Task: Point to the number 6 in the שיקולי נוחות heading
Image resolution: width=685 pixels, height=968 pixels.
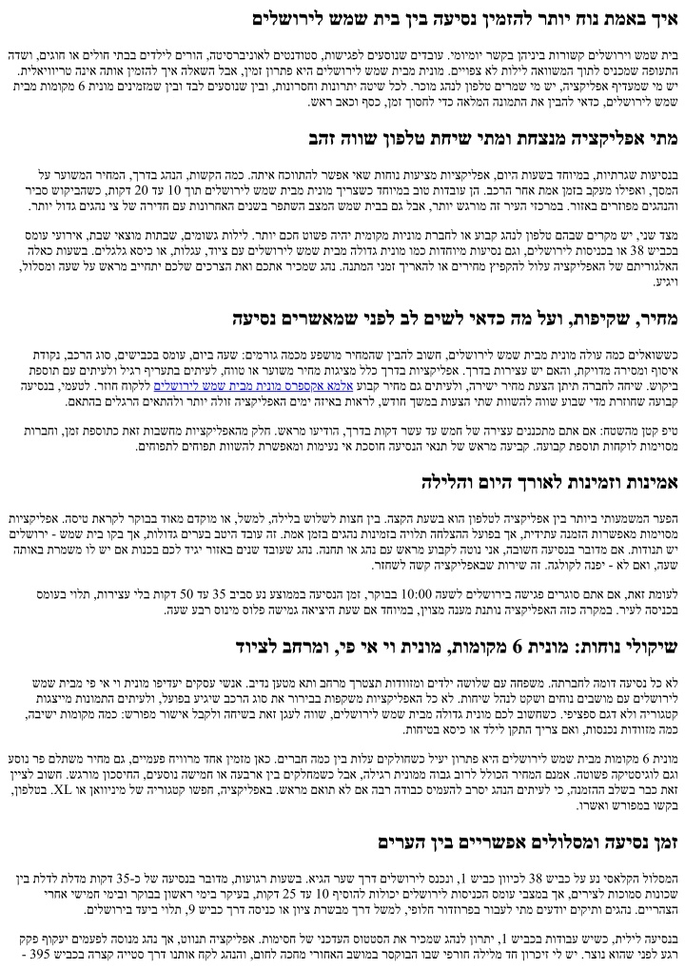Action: coord(519,648)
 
